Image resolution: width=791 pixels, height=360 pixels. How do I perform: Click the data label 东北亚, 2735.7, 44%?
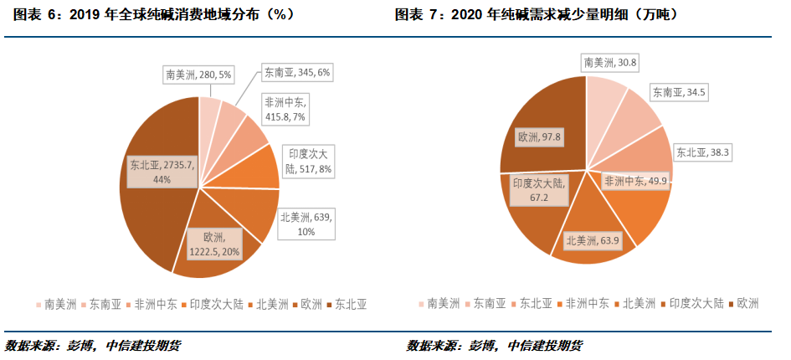pyautogui.click(x=162, y=172)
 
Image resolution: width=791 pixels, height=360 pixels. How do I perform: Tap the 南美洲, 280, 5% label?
pyautogui.click(x=198, y=75)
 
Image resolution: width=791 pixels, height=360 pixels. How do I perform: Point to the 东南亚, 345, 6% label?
pyautogui.click(x=297, y=73)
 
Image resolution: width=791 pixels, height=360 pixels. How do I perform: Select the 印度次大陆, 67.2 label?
pyautogui.click(x=539, y=189)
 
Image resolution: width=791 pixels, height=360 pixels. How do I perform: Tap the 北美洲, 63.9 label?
pyautogui.click(x=593, y=241)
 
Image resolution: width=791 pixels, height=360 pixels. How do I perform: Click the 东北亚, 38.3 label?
pyautogui.click(x=704, y=152)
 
